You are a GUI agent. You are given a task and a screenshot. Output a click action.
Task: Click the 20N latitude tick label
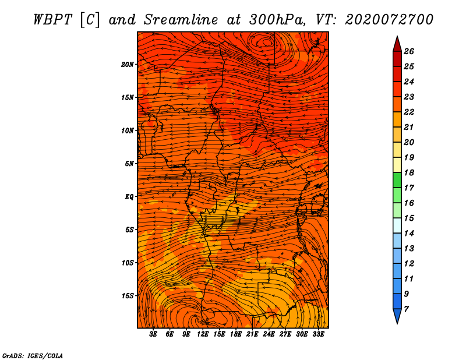(x=127, y=64)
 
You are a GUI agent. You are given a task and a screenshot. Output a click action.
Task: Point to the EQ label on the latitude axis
(x=129, y=196)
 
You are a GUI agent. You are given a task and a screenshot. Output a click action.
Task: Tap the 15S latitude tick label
(x=127, y=296)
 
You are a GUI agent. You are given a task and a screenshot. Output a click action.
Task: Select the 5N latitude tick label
(x=129, y=164)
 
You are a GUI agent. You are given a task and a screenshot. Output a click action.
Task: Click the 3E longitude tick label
(x=153, y=334)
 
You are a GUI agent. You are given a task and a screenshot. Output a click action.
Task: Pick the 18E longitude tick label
(x=236, y=334)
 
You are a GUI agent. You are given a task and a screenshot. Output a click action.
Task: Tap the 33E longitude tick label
(x=318, y=334)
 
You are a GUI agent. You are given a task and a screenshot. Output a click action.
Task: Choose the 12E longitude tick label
(x=203, y=334)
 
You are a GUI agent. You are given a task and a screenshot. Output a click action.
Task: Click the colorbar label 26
(x=409, y=51)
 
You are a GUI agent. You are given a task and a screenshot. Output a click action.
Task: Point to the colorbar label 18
(x=409, y=172)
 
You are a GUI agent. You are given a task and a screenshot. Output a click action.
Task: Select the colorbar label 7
(x=406, y=309)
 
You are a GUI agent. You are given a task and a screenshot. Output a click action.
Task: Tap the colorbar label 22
(x=409, y=112)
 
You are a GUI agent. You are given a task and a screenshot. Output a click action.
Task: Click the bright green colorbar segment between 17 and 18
(x=397, y=180)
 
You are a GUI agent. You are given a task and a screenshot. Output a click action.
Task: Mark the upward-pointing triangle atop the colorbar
(x=397, y=45)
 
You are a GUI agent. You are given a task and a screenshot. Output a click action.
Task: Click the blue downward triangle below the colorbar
(x=397, y=316)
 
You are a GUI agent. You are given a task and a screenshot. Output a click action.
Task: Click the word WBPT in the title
(x=53, y=20)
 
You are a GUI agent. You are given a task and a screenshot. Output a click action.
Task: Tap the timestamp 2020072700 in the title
(x=389, y=20)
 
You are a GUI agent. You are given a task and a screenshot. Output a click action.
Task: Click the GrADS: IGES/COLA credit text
(x=33, y=356)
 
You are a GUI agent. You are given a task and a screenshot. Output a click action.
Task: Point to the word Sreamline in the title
(x=181, y=20)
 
